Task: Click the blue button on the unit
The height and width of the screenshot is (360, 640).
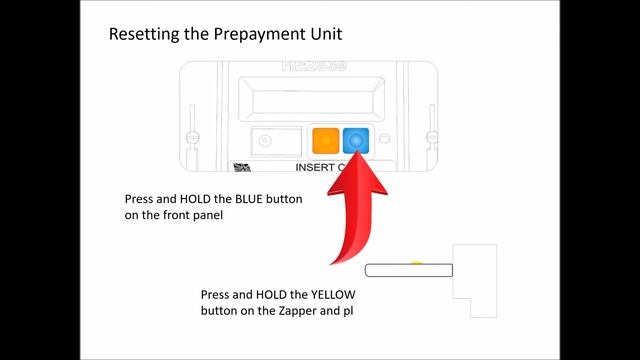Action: click(356, 141)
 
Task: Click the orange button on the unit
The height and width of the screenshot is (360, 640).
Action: click(325, 141)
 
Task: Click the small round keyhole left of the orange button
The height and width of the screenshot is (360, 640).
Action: click(266, 141)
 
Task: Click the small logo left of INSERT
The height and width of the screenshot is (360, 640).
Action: click(241, 168)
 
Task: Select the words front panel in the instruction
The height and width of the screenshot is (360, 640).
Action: click(183, 214)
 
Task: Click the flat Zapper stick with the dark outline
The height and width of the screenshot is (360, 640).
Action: click(409, 270)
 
